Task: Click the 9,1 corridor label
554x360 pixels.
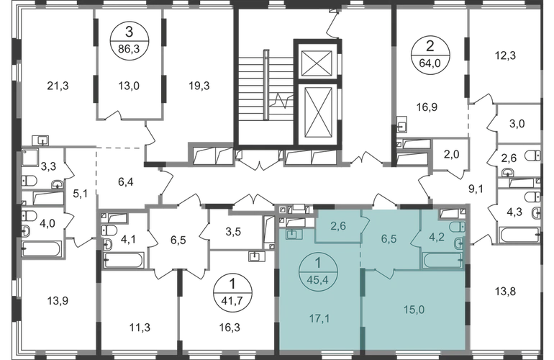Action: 473,191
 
